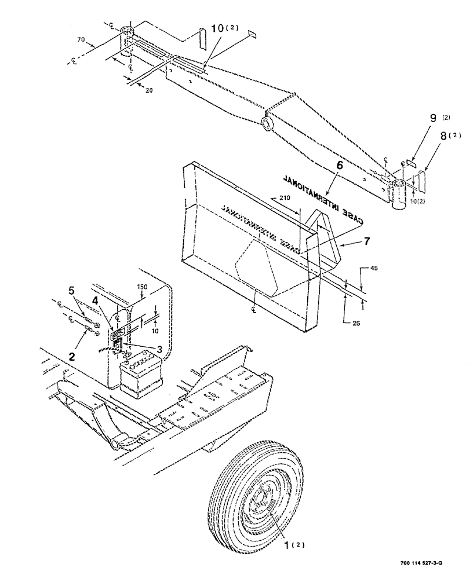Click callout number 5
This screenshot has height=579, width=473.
tap(71, 291)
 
